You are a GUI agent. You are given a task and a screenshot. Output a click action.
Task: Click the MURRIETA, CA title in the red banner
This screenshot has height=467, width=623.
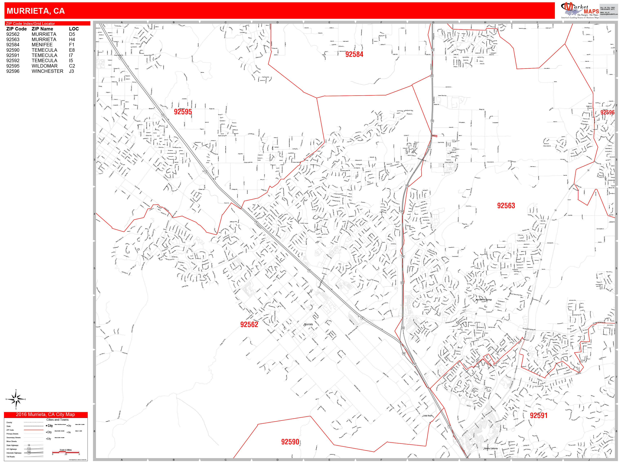coord(36,11)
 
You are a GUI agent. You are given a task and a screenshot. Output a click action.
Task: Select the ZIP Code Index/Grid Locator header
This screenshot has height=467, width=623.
coord(30,24)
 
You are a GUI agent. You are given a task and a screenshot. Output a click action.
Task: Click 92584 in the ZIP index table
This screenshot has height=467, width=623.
coord(13,45)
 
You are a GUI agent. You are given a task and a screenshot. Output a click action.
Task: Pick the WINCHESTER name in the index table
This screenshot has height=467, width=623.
coord(47,71)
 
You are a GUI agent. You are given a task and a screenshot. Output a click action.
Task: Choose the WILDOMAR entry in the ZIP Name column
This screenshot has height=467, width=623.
coord(45,66)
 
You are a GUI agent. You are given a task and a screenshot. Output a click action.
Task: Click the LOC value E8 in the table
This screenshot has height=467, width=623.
coord(72,50)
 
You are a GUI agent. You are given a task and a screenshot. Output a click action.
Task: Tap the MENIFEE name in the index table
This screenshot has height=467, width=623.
coord(42,45)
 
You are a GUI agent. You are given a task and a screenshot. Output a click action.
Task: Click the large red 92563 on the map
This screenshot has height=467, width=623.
coord(506,206)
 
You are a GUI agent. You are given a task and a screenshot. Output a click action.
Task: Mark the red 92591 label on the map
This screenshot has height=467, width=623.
coord(538,415)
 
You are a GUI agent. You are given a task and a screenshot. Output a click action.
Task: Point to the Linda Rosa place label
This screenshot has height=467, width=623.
coord(427,416)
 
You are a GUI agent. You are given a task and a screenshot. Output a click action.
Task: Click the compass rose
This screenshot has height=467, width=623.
coord(16,399)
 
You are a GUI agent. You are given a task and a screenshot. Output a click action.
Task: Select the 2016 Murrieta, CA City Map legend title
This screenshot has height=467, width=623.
coord(45,415)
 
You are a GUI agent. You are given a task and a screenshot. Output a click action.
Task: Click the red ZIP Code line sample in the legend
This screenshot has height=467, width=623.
coord(34,430)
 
